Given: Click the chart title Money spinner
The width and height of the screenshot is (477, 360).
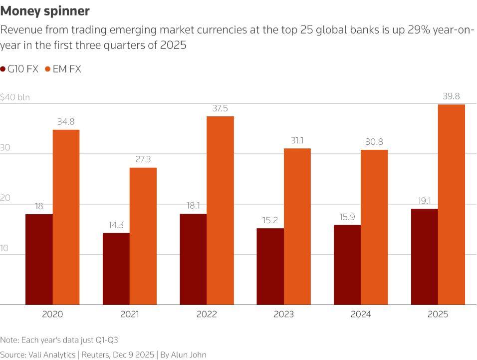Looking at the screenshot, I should click(45, 10).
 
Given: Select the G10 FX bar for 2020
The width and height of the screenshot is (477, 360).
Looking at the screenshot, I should click(39, 259).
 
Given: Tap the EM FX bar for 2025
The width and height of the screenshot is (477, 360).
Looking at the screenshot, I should click(451, 204).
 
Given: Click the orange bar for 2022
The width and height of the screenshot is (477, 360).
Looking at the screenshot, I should click(220, 210).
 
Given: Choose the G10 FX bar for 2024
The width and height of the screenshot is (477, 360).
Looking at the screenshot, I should click(347, 265).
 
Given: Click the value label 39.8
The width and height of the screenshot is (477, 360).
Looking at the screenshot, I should click(451, 96).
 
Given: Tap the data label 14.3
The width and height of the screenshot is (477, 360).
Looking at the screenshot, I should click(116, 225).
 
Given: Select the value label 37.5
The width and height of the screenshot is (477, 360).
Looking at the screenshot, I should click(220, 108).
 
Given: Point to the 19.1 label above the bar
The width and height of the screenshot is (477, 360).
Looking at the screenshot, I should click(424, 201).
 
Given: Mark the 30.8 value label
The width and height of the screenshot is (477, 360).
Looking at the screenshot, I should click(374, 142).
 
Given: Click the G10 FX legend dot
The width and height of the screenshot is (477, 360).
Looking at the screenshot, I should click(3, 69).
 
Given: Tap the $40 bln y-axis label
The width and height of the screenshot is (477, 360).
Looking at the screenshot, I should click(15, 97).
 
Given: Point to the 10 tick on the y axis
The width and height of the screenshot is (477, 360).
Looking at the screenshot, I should click(6, 248).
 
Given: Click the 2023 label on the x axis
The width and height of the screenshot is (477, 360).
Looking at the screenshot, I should click(283, 314).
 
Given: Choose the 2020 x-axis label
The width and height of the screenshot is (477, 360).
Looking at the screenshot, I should click(52, 314).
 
